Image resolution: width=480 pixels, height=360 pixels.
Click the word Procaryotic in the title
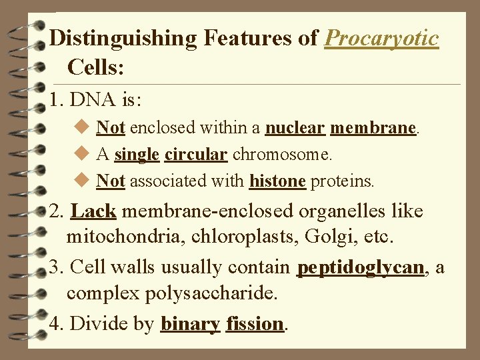pos(381,39)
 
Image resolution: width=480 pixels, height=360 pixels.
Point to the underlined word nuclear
pos(295,127)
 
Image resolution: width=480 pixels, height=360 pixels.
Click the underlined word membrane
pos(373,127)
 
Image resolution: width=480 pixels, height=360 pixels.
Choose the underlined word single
pos(137,154)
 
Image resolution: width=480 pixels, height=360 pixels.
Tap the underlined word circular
pos(195,154)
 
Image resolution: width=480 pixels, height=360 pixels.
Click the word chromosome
pos(281,154)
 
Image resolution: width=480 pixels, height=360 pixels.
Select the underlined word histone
pos(277,181)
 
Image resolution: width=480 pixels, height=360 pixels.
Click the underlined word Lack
pos(93,211)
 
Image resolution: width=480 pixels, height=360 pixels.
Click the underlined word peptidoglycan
pos(361,268)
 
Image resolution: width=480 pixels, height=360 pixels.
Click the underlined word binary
pos(191,324)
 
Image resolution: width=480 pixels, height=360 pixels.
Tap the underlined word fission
pos(255,324)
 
